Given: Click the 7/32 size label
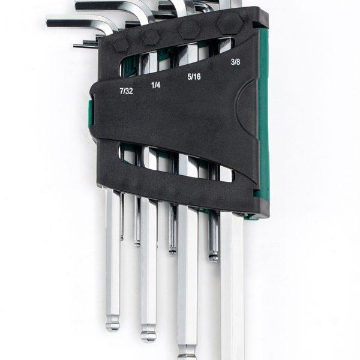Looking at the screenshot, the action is [126, 91].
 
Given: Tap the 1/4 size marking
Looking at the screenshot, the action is [155, 85].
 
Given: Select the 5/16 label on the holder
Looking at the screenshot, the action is [194, 76].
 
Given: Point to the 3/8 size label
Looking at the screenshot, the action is [235, 62].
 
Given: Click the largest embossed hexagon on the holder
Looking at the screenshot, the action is [229, 23].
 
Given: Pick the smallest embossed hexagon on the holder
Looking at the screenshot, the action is [121, 44].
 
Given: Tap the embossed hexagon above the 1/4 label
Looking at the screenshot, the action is [151, 37].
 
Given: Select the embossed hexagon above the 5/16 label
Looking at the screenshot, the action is [189, 30].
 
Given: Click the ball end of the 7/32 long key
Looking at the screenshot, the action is [113, 324].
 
